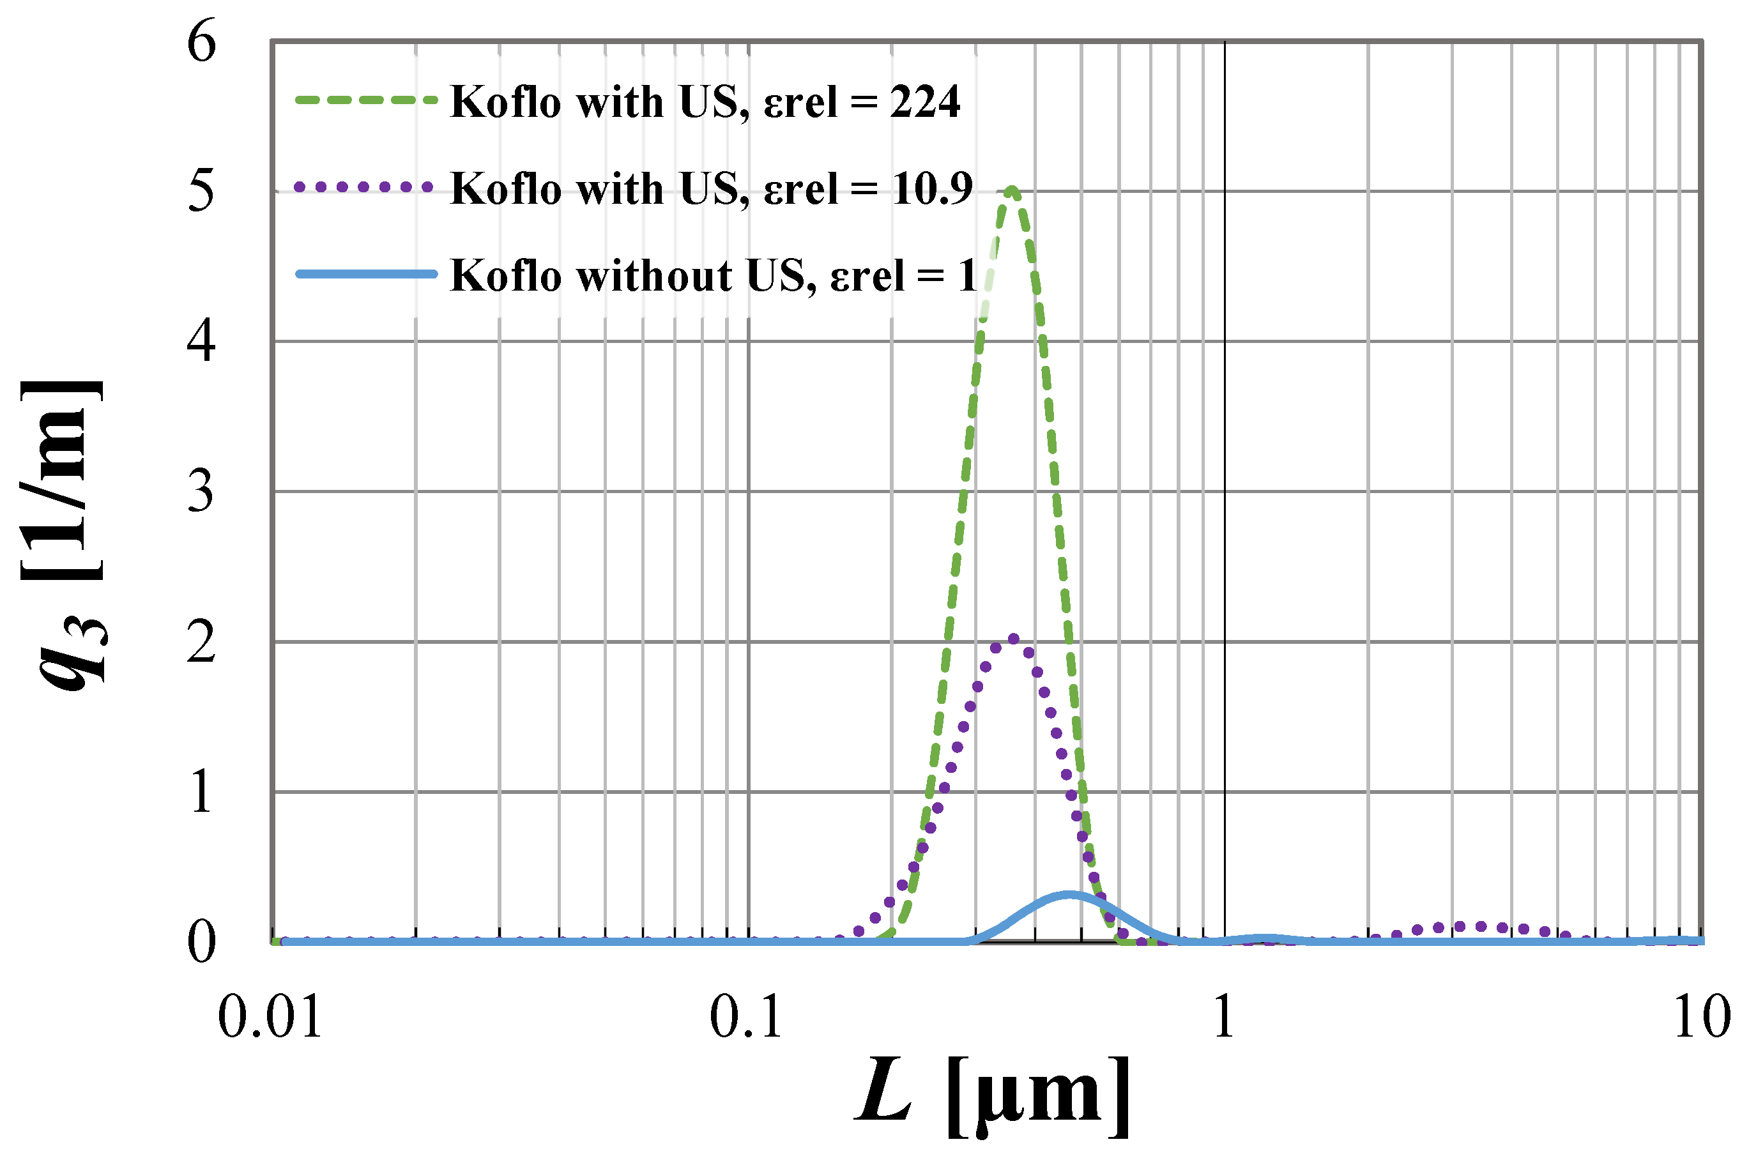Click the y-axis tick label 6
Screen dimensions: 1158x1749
tap(201, 42)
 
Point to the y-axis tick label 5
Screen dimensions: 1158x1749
tap(201, 190)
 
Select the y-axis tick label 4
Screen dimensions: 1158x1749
tap(201, 340)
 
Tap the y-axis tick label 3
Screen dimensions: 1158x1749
tap(201, 491)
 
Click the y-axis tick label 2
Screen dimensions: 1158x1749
tap(201, 641)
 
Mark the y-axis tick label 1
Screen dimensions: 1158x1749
tap(201, 792)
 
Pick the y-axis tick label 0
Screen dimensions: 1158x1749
tap(201, 941)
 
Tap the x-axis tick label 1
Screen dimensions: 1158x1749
tap(1224, 1017)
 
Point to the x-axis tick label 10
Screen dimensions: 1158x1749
tap(1701, 1017)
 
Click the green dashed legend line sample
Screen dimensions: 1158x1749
tap(365, 100)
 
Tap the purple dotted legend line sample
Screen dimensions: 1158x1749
tap(363, 187)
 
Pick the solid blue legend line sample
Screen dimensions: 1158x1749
tap(365, 274)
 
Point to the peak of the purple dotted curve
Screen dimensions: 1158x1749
tap(1013, 639)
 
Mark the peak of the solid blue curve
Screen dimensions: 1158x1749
tap(1069, 895)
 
